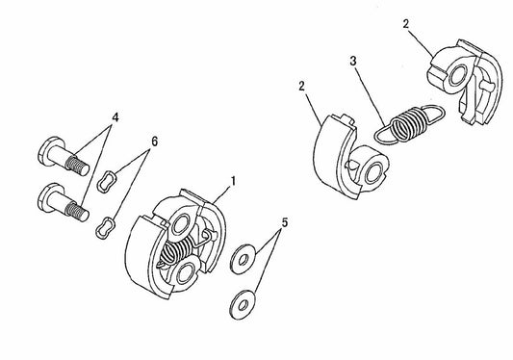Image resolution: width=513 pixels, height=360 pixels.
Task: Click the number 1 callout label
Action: tap(232, 180)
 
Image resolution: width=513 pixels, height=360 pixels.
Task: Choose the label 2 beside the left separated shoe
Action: tap(304, 86)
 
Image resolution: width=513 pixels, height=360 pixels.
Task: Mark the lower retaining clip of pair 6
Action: tap(105, 227)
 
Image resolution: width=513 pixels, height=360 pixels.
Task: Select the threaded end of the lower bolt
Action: tap(75, 209)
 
